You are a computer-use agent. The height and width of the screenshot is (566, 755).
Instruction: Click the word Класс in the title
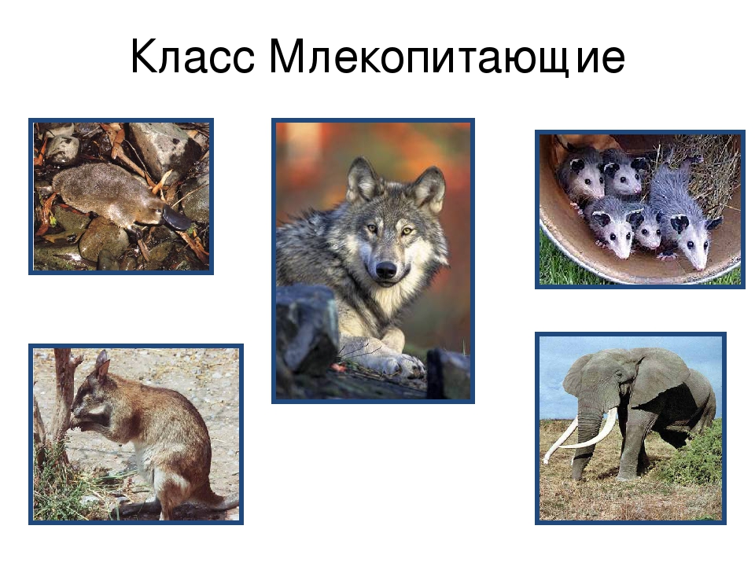192,57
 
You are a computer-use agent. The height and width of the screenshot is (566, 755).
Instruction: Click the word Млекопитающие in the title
447,57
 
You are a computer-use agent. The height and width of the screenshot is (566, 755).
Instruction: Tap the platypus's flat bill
175,218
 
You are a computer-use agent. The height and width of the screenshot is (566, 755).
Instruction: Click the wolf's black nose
385,270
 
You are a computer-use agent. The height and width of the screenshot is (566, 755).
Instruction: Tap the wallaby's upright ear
102,365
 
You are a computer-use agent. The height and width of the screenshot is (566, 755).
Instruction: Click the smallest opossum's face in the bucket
648,232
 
